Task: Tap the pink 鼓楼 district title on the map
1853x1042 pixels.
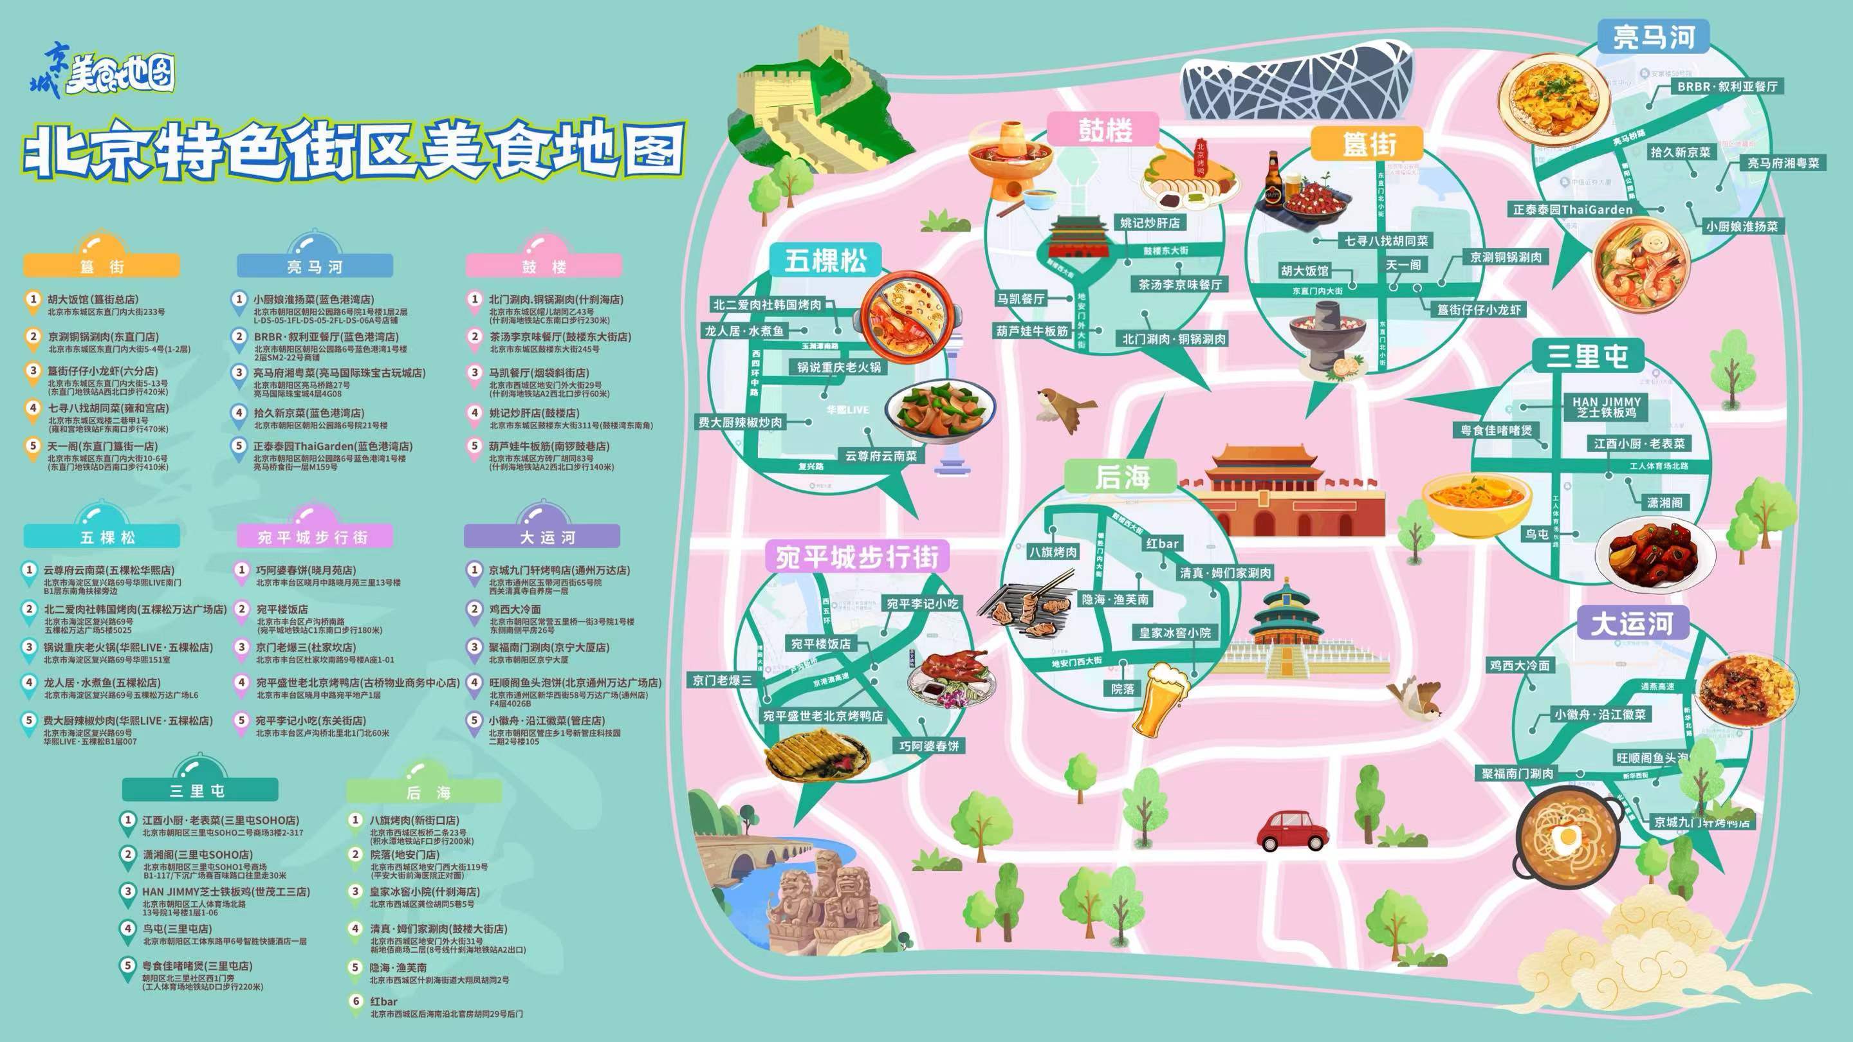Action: (x=1104, y=130)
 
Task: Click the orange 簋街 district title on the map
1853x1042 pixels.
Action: (x=1366, y=145)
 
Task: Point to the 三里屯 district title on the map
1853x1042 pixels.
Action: (x=1587, y=355)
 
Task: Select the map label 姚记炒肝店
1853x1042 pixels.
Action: (x=1150, y=223)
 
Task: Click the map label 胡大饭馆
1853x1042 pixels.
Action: (x=1304, y=271)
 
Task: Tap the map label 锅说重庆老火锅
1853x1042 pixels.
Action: (x=839, y=367)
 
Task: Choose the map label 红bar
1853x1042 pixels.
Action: (x=1163, y=544)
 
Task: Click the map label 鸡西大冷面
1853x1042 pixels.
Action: (x=1519, y=665)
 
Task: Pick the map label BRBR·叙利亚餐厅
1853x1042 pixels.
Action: (x=1727, y=86)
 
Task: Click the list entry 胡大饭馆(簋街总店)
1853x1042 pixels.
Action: (x=93, y=299)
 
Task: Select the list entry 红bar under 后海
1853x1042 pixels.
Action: (x=383, y=1001)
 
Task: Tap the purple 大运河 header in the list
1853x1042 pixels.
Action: (x=542, y=536)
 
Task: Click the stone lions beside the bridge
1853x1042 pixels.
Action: (x=820, y=909)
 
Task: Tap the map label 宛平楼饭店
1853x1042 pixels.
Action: (x=820, y=644)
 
